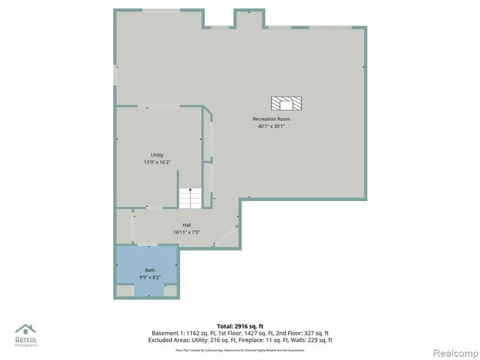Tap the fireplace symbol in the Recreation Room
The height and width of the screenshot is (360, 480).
286,103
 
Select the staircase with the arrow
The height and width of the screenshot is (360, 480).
190,199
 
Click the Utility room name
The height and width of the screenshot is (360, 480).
157,155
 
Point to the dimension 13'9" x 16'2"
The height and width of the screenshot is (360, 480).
157,162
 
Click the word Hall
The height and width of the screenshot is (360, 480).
187,225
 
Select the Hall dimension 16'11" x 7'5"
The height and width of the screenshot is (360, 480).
187,232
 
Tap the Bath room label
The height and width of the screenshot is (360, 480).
149,270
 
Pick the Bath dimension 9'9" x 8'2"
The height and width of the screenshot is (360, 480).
149,277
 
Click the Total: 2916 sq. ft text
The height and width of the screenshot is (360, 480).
240,325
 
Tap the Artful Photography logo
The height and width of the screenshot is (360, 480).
27,334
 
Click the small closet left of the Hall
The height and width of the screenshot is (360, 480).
124,226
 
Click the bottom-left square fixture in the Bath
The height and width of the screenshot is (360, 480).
126,290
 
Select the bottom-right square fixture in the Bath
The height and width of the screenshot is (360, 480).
170,290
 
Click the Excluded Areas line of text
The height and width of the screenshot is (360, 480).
240,340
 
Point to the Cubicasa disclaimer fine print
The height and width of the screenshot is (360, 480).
240,349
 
